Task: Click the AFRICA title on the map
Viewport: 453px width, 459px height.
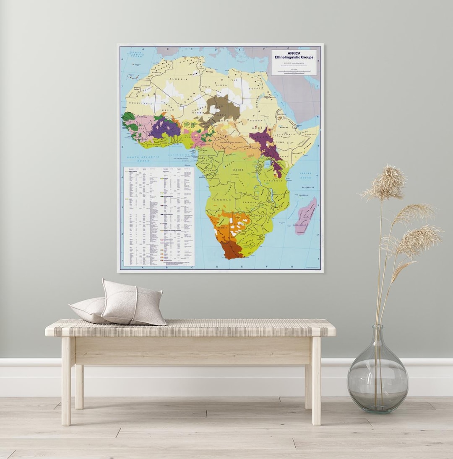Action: [294, 53]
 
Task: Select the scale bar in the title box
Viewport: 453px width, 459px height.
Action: [294, 72]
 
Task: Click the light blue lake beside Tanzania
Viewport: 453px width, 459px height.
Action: [267, 164]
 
